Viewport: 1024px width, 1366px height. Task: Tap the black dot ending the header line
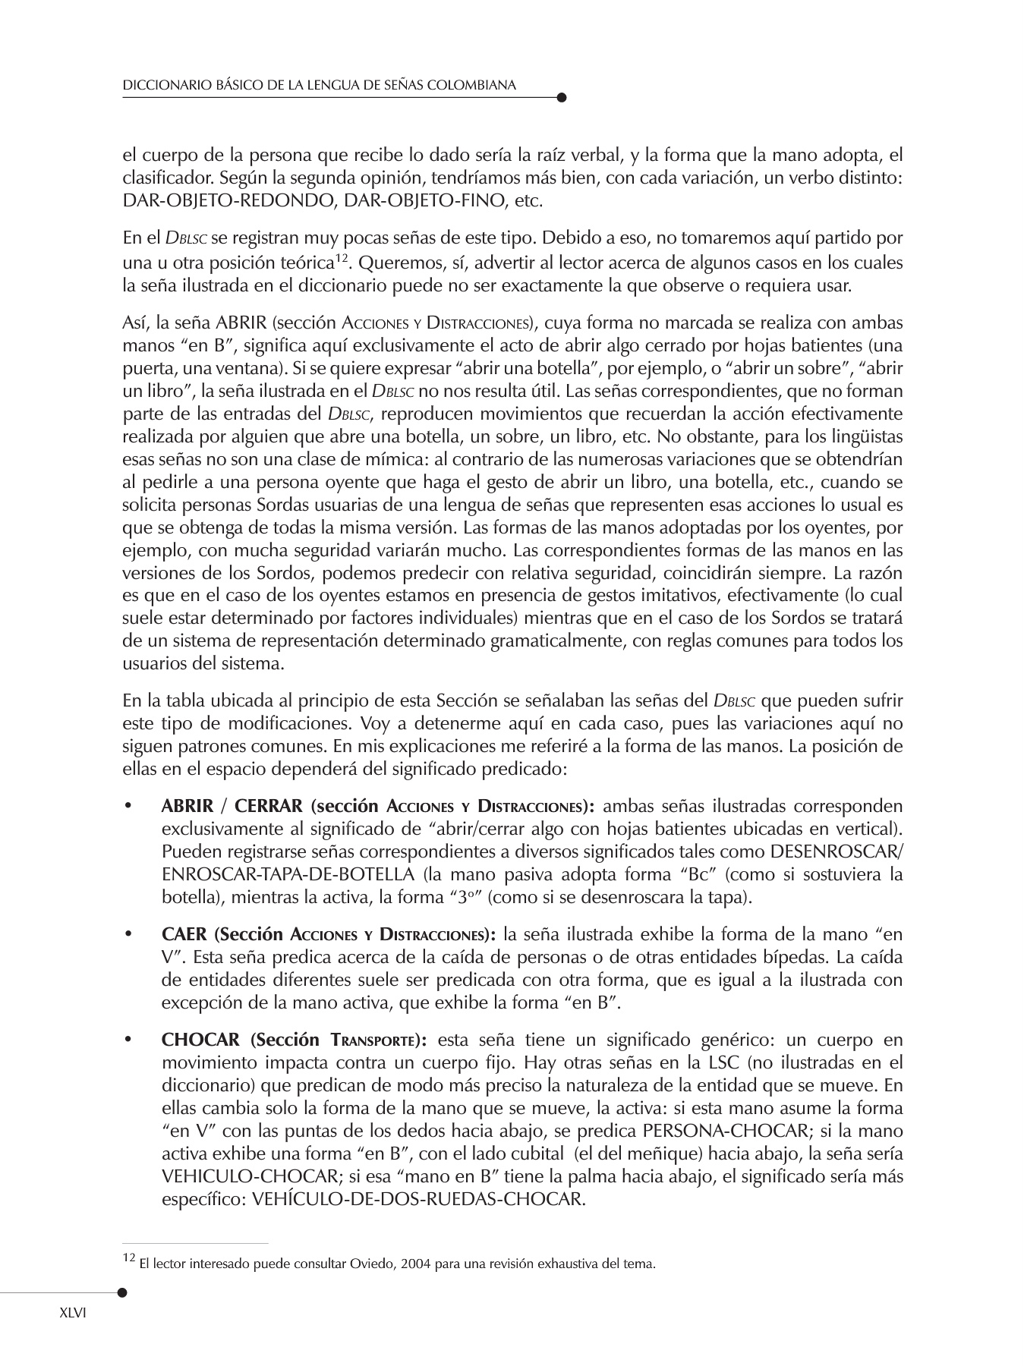(561, 97)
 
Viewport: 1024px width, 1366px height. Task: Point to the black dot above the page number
(122, 1291)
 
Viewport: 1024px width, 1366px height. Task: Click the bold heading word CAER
(184, 934)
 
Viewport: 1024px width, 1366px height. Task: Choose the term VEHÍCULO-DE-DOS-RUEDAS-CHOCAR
(418, 1200)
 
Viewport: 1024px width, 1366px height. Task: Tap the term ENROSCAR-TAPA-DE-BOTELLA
(288, 874)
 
